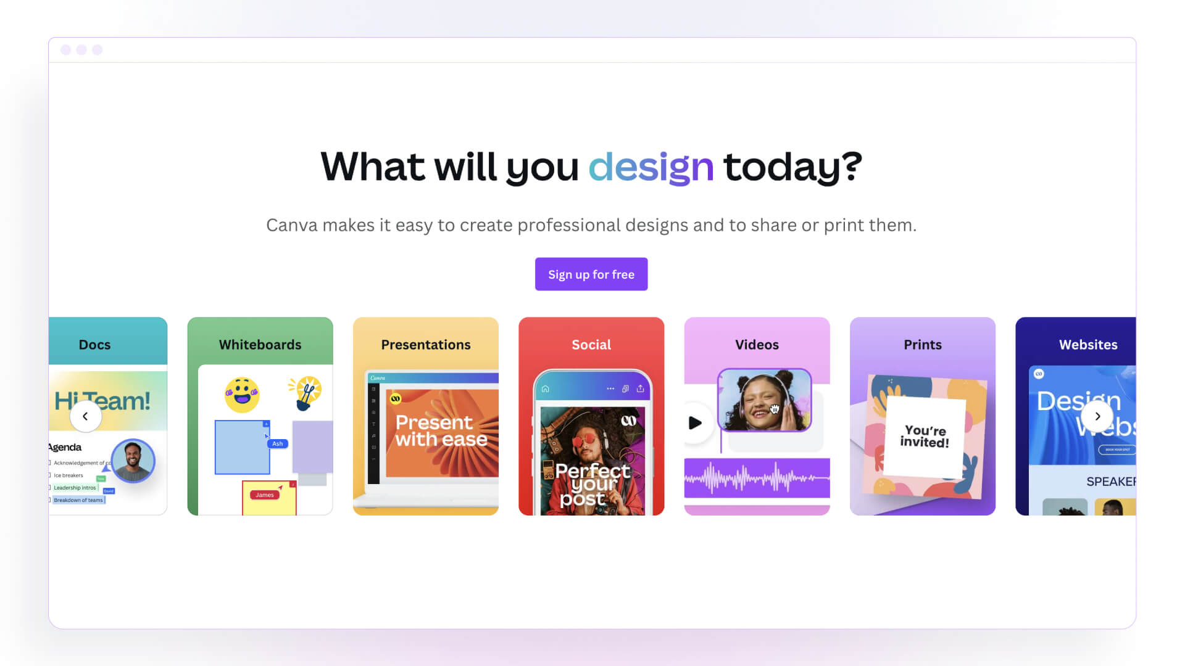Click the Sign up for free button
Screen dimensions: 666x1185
591,274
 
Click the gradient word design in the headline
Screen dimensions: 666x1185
651,167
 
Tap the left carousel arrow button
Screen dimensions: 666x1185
85,416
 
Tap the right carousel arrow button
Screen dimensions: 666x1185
1097,416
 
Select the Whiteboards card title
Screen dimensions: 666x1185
260,345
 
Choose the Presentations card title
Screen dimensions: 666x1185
425,345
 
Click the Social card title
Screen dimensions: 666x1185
591,345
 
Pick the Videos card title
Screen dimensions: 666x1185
757,345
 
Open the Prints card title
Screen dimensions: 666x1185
922,345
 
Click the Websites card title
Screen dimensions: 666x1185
1087,345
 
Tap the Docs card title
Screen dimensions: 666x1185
94,345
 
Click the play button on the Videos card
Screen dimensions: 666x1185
696,423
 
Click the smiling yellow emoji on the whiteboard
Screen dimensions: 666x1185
242,395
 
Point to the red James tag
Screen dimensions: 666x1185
265,495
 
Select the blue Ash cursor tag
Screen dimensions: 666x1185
277,443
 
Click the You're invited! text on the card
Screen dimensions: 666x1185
924,436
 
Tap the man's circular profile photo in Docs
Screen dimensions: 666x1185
133,461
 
